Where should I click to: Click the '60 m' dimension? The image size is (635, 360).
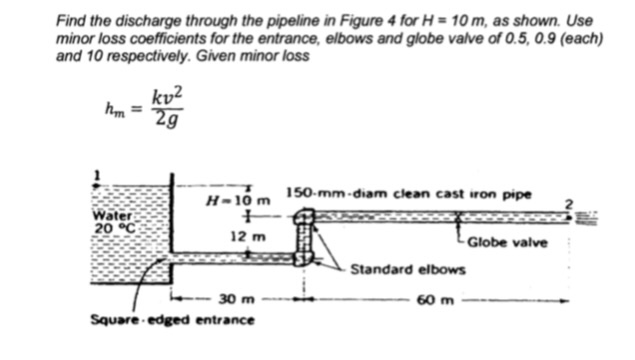(442, 298)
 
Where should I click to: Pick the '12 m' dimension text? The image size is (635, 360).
(243, 237)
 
